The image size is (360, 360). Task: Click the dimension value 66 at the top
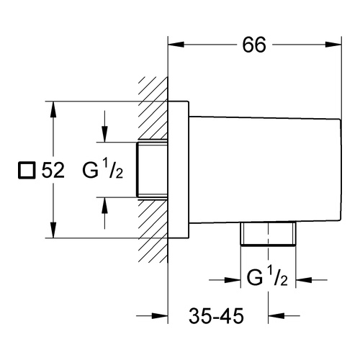254,45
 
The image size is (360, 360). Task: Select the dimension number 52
53,171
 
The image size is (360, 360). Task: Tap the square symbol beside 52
27,171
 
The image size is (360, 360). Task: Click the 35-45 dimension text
216,316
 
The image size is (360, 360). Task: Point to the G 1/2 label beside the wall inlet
103,171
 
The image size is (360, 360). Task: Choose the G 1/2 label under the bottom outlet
267,278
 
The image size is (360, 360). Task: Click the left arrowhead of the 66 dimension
176,45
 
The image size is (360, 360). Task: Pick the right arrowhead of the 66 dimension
333,45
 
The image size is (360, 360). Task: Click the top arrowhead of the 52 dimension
53,109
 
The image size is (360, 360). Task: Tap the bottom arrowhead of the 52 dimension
53,230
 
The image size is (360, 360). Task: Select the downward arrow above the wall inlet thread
104,126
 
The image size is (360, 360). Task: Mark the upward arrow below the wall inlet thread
104,213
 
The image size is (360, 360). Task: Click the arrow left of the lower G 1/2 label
225,280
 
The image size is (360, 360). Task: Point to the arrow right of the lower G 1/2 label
311,280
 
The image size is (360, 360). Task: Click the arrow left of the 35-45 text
152,316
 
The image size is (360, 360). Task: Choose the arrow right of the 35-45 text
284,315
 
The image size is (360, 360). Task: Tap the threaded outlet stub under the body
268,233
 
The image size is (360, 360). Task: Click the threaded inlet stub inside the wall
152,170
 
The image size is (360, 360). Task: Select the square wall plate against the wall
179,170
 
